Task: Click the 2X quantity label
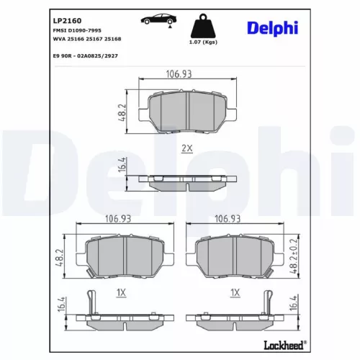[187, 148]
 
